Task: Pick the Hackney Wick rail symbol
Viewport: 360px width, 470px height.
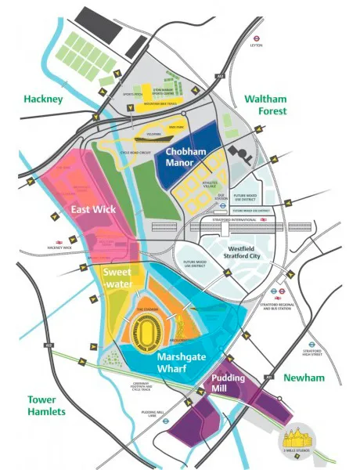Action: pyautogui.click(x=57, y=241)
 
